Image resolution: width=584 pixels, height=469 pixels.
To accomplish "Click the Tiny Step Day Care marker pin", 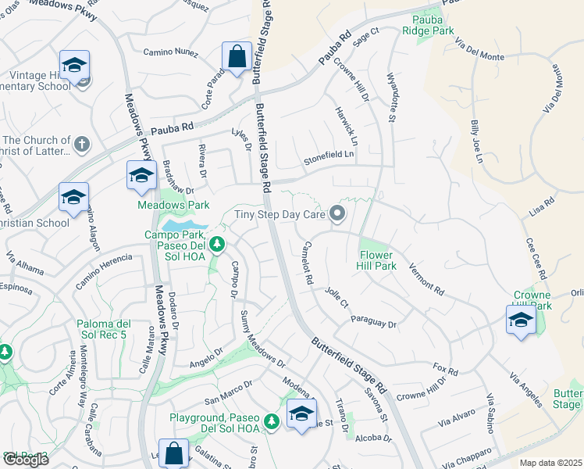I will [x=337, y=213].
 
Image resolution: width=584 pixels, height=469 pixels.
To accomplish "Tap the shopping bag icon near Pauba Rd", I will [x=236, y=57].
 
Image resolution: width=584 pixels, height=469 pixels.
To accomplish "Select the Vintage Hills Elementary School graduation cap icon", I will [x=74, y=66].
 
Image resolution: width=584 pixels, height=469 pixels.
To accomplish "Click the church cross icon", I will [x=82, y=144].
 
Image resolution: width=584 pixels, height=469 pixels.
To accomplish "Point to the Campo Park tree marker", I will [x=218, y=245].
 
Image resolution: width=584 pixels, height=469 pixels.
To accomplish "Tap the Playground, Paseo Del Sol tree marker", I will [x=272, y=422].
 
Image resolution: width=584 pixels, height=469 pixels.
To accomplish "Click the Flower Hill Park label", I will [x=378, y=260].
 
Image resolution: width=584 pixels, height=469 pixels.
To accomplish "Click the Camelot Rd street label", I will [x=308, y=262].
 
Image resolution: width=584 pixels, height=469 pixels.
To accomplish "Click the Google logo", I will [x=26, y=460].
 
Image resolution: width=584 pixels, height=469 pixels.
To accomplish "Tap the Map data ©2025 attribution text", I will [x=550, y=463].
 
